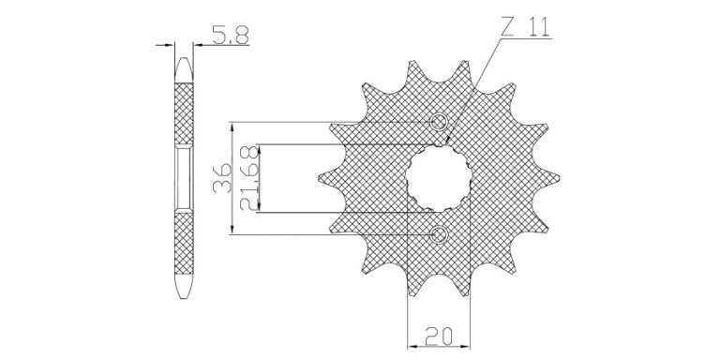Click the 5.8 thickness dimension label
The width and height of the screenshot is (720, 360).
tap(230, 35)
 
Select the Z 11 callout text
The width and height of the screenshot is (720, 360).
tap(525, 28)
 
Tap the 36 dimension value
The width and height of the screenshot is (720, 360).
tap(222, 179)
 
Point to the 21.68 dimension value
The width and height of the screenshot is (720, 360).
tap(249, 178)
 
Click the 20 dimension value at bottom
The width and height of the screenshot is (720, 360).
tap(439, 336)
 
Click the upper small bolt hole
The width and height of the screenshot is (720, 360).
tap(439, 122)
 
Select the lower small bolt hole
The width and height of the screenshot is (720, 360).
tap(439, 234)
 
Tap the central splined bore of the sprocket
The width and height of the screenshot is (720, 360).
tap(439, 178)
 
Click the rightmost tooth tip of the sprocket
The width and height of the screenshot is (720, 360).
tap(559, 177)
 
